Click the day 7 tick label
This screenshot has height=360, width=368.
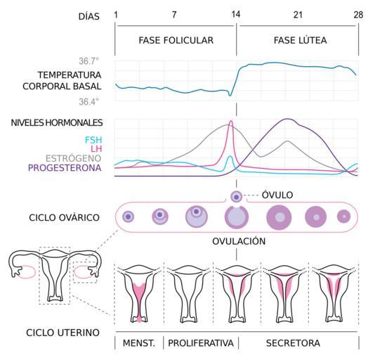[x=174, y=15]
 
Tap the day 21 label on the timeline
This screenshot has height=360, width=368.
[x=298, y=15]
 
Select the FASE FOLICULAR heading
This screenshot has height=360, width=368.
[x=176, y=40]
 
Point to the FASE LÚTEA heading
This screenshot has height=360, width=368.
[x=300, y=40]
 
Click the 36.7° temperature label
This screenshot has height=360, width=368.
[x=88, y=61]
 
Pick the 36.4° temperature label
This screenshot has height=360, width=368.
[x=88, y=102]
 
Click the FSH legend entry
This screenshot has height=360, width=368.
[x=93, y=140]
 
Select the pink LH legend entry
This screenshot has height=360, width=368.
[x=96, y=149]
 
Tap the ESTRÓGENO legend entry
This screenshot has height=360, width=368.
[x=74, y=158]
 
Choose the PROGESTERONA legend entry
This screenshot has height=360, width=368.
[x=65, y=168]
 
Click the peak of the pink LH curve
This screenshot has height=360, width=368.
[x=231, y=121]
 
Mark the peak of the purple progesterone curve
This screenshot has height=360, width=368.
[x=287, y=119]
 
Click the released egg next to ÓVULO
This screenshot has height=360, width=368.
[x=236, y=197]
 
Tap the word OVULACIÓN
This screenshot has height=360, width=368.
[x=239, y=241]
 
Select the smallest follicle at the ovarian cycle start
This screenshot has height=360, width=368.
[x=128, y=217]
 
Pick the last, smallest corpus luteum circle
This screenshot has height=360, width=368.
[x=344, y=217]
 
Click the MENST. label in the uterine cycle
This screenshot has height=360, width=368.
[x=139, y=343]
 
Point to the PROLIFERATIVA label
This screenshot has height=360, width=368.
[x=201, y=343]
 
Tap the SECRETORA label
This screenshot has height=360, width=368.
[x=293, y=343]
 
